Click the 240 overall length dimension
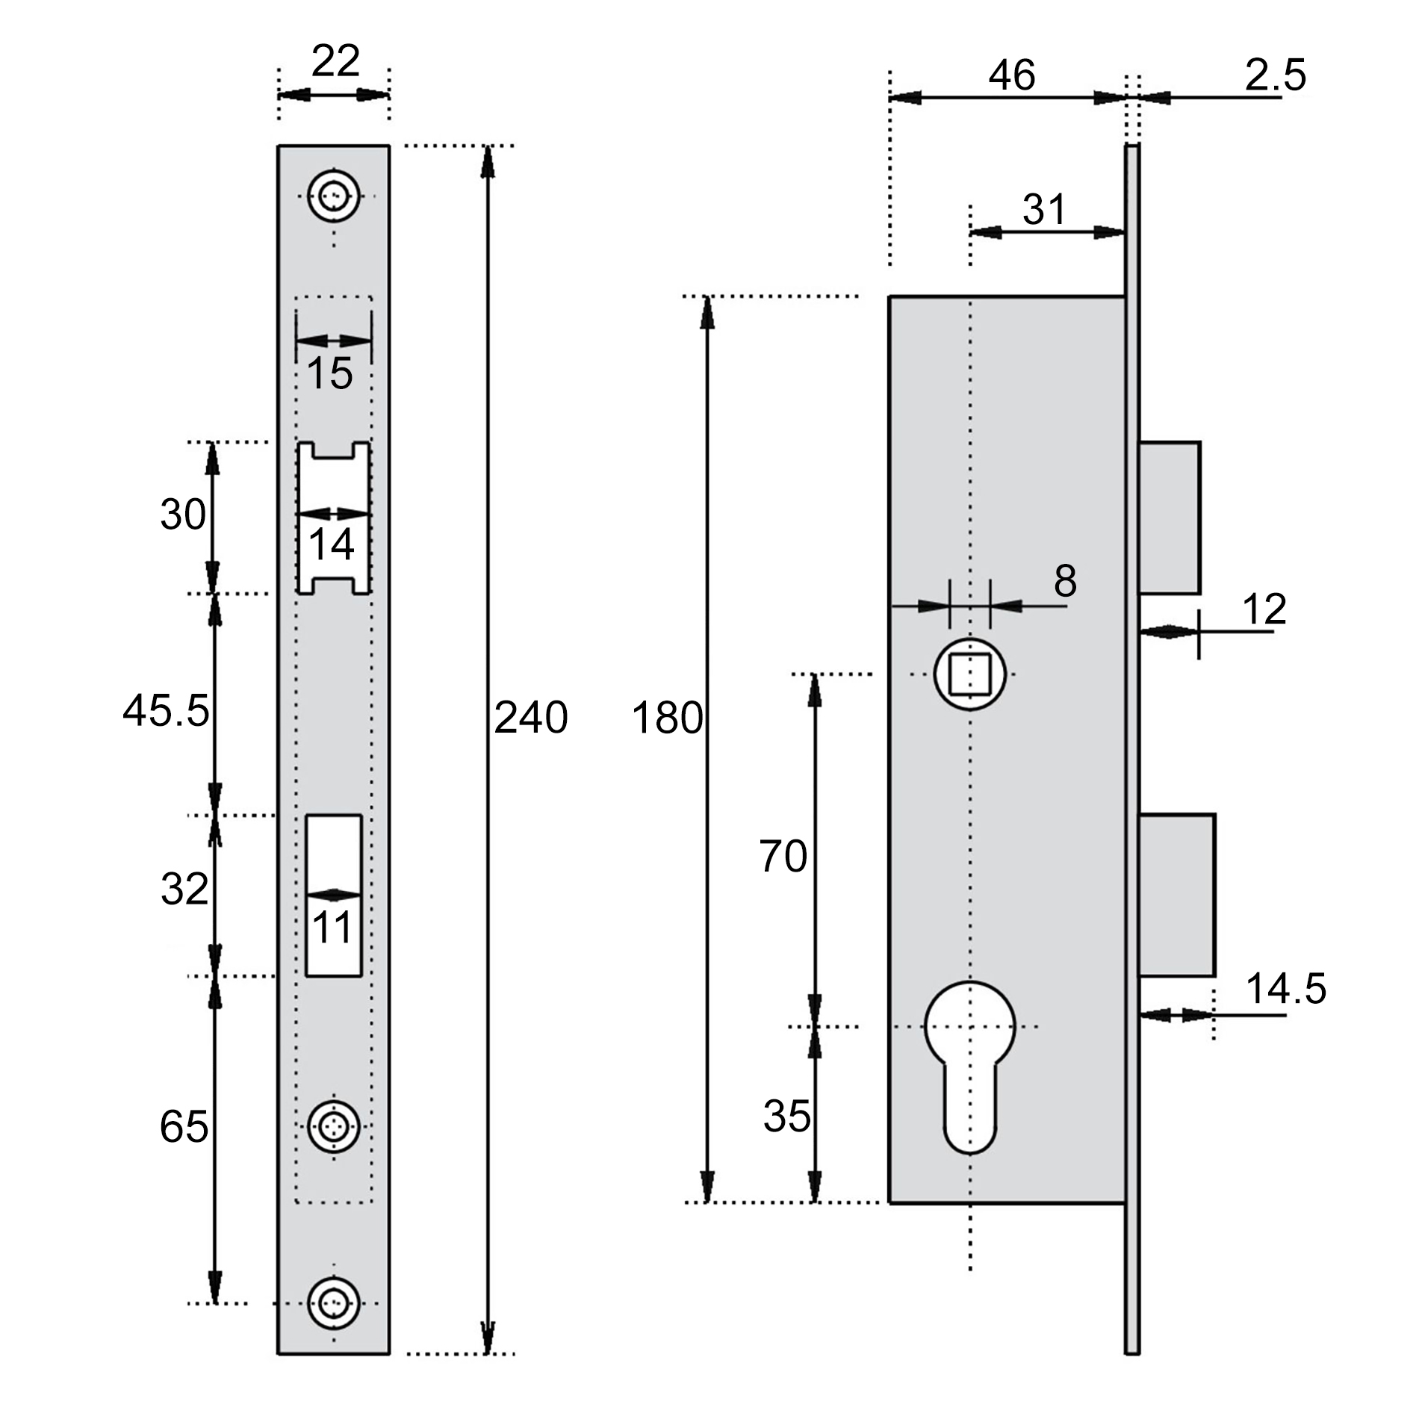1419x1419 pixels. [x=531, y=718]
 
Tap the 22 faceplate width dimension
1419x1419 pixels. [x=335, y=60]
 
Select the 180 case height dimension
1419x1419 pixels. [x=667, y=718]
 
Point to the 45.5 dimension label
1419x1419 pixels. [x=166, y=710]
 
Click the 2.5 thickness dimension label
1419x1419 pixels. [x=1276, y=75]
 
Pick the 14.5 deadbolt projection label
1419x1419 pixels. [x=1286, y=988]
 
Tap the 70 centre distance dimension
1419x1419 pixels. [x=783, y=856]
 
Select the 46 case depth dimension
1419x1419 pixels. [x=1012, y=75]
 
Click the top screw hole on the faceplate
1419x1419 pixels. [x=334, y=196]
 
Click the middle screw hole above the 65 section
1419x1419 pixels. [x=334, y=1125]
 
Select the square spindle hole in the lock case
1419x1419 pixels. [x=970, y=674]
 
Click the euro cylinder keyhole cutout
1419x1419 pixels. [x=970, y=1066]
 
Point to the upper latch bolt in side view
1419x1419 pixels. [x=1170, y=518]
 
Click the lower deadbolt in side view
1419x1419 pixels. [x=1177, y=895]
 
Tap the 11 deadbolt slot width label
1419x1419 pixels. [x=332, y=928]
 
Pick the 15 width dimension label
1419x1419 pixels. [x=330, y=373]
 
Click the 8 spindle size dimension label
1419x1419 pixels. [x=1066, y=580]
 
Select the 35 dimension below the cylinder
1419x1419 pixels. [x=787, y=1117]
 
